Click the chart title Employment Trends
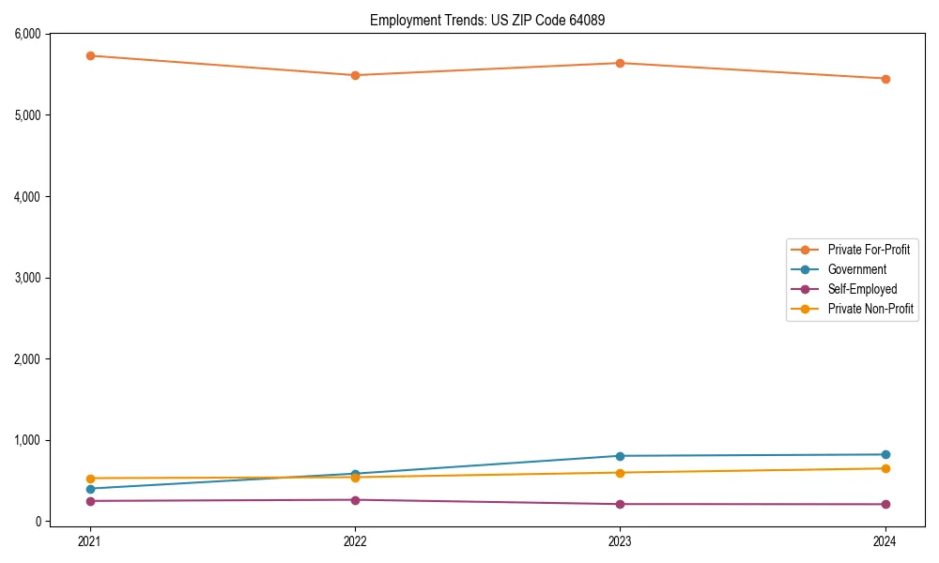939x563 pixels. click(x=494, y=20)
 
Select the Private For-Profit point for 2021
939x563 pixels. click(x=90, y=56)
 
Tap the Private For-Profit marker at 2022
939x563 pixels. click(x=355, y=75)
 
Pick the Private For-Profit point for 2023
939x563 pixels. click(x=620, y=63)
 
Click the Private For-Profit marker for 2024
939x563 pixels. click(x=885, y=79)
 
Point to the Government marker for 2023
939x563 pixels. click(x=620, y=456)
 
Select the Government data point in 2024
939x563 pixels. click(x=885, y=454)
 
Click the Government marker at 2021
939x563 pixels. click(x=90, y=489)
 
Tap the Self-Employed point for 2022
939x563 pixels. click(x=355, y=500)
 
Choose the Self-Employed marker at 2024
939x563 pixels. click(x=885, y=504)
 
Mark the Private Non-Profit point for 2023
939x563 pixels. click(x=620, y=472)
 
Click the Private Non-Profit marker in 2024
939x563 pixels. click(x=885, y=468)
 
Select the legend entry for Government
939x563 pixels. click(x=856, y=269)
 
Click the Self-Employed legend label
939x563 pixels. click(x=862, y=289)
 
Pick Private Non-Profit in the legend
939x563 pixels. click(x=870, y=309)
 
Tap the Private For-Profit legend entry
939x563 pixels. click(x=869, y=250)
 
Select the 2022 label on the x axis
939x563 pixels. click(x=355, y=540)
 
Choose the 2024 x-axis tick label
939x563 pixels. click(x=885, y=540)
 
